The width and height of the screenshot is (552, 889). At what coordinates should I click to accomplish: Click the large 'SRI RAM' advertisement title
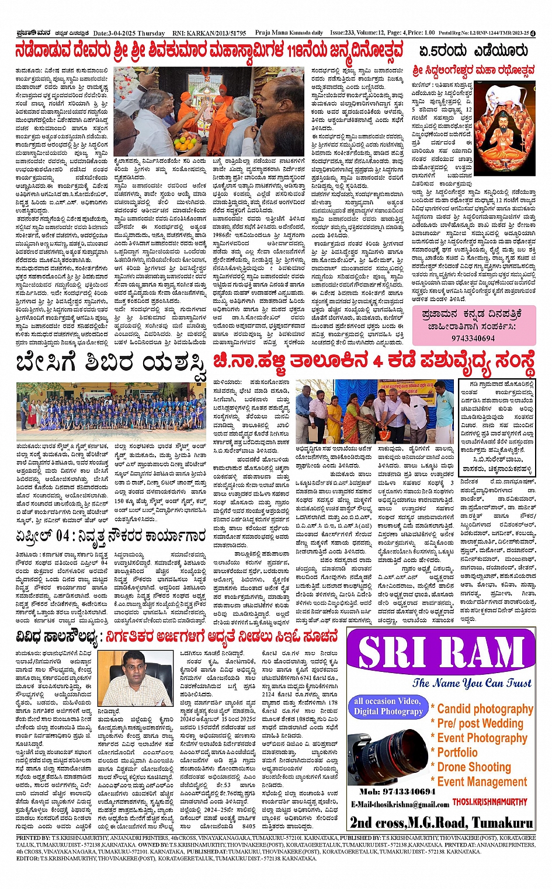tap(442, 653)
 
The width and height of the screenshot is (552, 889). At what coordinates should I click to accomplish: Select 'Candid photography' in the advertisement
tap(485, 709)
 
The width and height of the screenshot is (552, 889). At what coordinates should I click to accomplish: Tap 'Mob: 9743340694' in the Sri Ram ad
tap(397, 792)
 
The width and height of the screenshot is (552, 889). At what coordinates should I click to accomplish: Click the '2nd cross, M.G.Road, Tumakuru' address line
tap(442, 822)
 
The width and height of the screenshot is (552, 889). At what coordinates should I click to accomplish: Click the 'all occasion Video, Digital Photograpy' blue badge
tap(388, 706)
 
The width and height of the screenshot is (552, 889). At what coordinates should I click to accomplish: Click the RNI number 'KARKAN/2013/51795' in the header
tap(218, 33)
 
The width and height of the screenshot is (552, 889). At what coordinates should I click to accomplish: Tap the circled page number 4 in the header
tap(533, 33)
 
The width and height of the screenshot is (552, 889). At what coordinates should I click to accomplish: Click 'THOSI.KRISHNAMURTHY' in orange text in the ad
tap(489, 803)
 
